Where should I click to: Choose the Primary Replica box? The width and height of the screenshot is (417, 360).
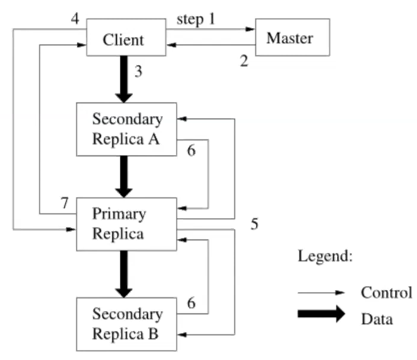(126, 224)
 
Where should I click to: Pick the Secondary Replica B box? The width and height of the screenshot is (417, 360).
(126, 324)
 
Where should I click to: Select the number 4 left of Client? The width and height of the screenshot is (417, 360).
(75, 18)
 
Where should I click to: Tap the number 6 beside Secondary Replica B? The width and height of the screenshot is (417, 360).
(191, 303)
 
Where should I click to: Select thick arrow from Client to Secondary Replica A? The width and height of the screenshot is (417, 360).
(124, 79)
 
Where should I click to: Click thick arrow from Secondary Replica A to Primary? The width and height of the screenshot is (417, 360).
(124, 176)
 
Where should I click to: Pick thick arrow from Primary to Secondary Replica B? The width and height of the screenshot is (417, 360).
(124, 274)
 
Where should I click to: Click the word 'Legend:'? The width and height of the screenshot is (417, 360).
(325, 257)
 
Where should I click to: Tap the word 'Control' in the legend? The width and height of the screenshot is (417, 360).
(386, 293)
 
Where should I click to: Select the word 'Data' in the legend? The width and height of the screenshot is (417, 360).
(377, 319)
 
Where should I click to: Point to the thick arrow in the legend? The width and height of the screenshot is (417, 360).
(322, 314)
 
